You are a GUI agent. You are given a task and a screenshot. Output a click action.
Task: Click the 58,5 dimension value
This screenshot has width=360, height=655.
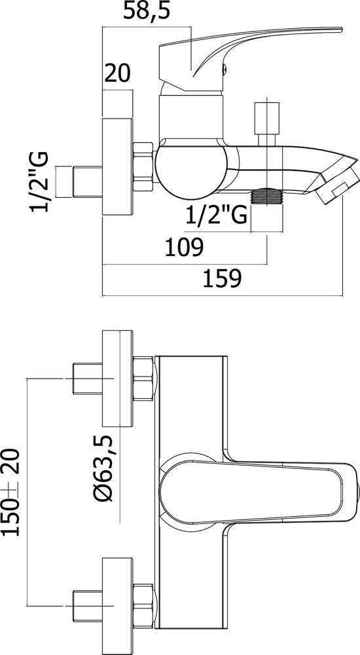point(146,11)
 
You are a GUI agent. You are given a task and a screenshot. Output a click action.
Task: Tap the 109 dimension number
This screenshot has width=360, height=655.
point(184,248)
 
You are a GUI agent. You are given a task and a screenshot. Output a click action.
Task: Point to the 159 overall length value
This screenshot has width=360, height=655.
point(222,278)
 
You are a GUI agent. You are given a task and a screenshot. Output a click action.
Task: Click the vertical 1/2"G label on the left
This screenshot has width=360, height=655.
point(39,181)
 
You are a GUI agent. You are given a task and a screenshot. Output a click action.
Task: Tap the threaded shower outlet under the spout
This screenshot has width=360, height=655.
point(267,196)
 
